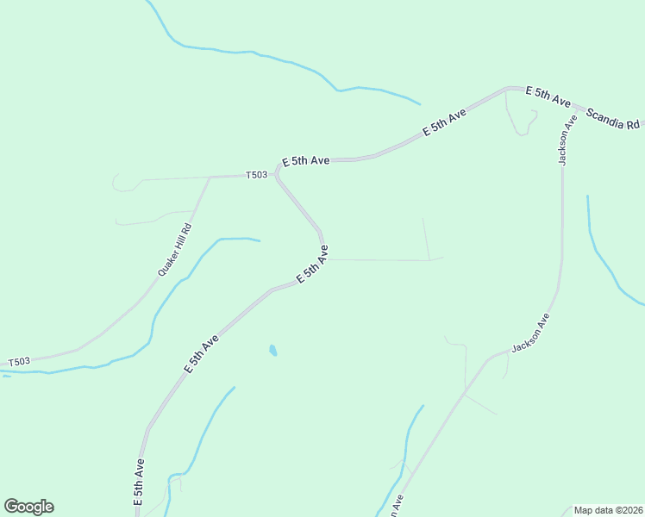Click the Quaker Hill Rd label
174,250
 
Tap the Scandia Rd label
613,119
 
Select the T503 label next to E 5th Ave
256,175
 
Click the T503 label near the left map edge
19,362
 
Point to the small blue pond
272,351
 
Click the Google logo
28,507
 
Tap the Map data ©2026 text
608,510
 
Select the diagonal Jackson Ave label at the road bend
529,333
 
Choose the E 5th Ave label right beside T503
306,161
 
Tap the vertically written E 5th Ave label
138,481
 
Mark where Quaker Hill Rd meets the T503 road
210,178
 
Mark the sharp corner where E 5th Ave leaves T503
277,173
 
